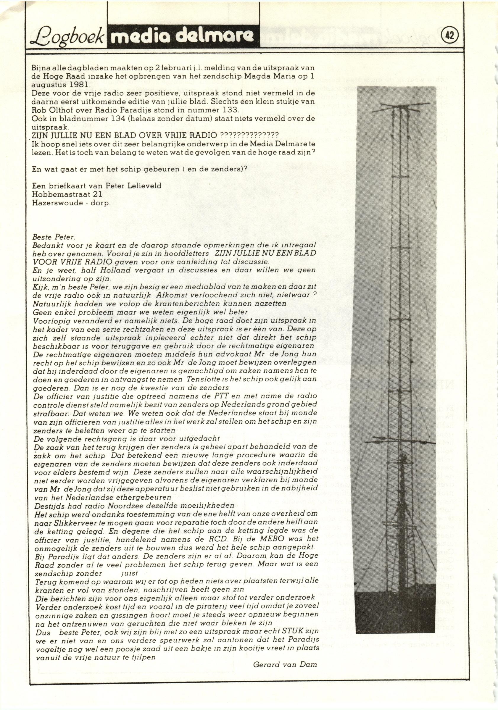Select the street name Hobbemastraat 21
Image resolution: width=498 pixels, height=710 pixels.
(x=67, y=194)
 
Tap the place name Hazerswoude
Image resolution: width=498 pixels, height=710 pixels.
(x=57, y=203)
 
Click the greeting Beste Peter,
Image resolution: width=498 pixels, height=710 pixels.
(x=54, y=237)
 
